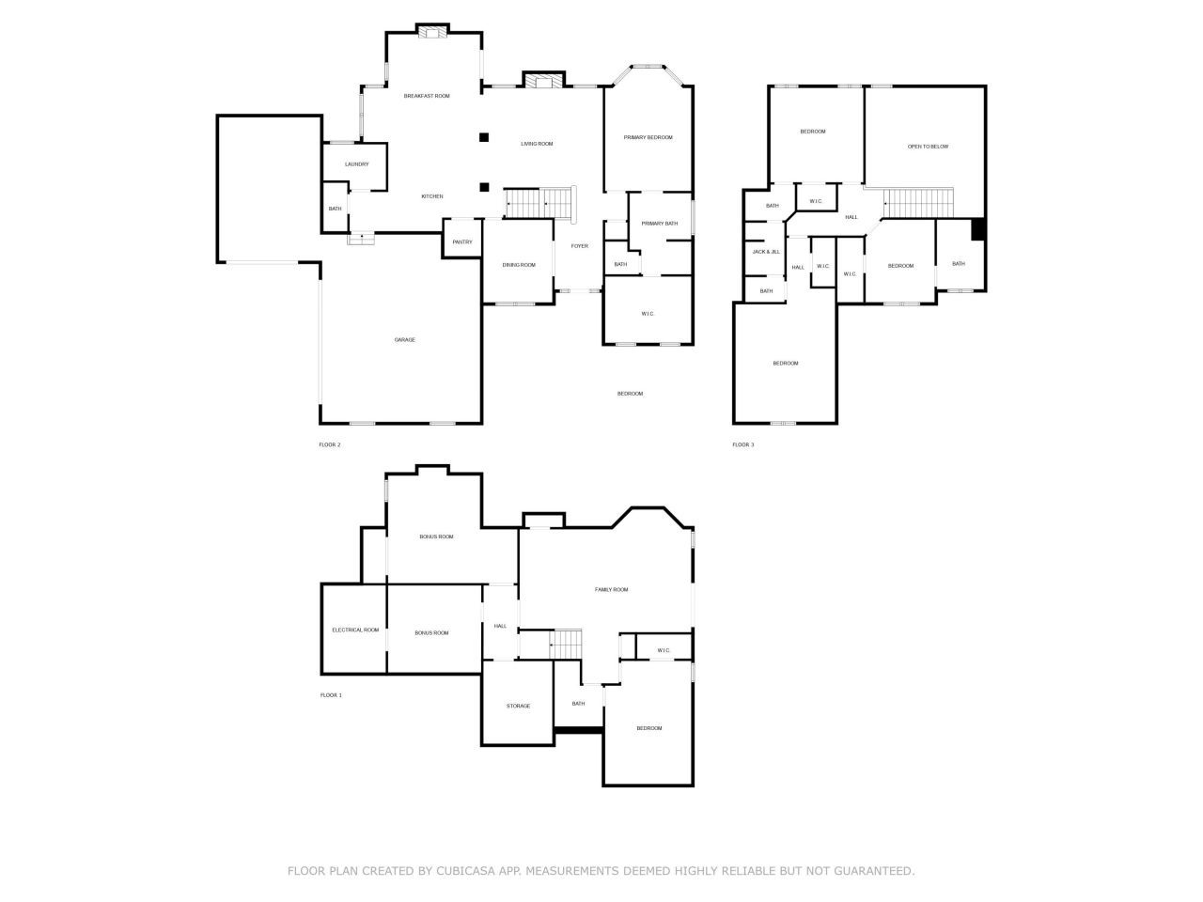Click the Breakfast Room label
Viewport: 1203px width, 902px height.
(427, 96)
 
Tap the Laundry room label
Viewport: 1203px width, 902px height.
(356, 164)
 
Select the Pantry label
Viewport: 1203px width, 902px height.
(462, 242)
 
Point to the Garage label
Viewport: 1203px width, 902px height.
(404, 340)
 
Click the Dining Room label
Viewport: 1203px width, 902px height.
(519, 265)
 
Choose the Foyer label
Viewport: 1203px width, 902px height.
(579, 246)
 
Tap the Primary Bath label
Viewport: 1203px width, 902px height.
(660, 224)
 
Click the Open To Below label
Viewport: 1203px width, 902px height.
(928, 147)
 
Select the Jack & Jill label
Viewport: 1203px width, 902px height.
(766, 252)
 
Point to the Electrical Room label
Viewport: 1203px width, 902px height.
(355, 630)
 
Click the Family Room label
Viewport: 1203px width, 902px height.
(611, 590)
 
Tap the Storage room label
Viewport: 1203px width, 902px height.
(518, 706)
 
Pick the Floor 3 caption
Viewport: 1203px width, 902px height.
(742, 444)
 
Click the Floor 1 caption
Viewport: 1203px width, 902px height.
(331, 695)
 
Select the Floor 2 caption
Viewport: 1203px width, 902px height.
(329, 444)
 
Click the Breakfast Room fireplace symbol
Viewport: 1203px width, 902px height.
(432, 32)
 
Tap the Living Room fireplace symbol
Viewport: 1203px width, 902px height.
(543, 81)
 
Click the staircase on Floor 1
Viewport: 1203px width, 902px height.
(566, 644)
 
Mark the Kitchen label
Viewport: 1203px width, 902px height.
(432, 196)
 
